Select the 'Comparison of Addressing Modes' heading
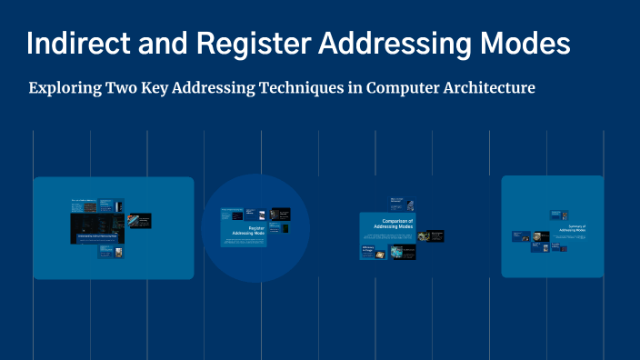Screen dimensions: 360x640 (397, 224)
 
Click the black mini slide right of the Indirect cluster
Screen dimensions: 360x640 (139, 220)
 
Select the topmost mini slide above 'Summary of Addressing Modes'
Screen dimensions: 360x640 (557, 215)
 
